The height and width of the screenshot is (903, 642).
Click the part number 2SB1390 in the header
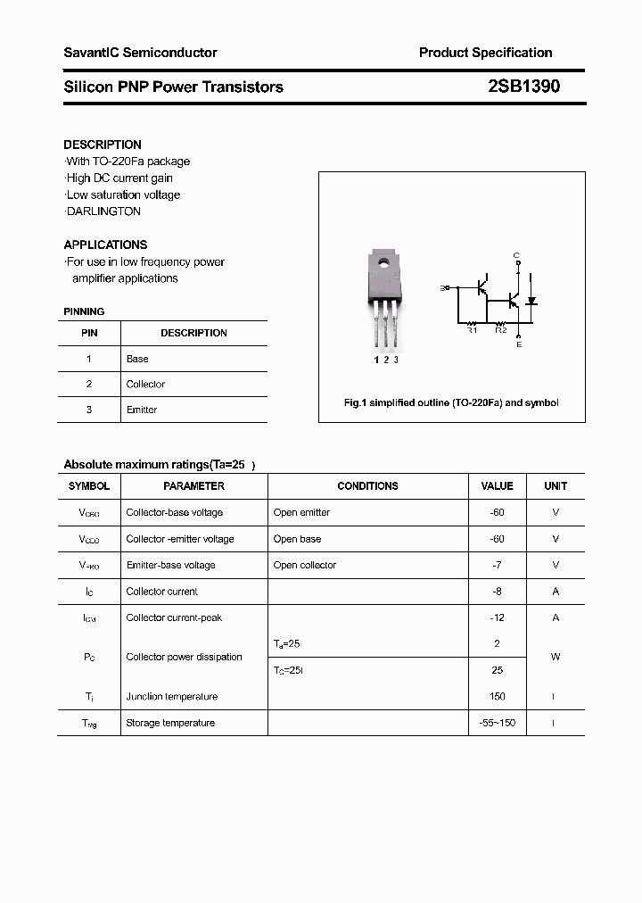coord(524,87)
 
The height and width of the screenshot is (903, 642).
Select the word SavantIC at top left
coord(91,53)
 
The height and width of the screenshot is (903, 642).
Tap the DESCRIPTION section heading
coord(103,145)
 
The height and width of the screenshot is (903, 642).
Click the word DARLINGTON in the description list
coord(103,211)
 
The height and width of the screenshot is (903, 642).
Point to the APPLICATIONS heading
coord(105,244)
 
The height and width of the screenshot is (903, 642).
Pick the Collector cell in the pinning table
coord(145,385)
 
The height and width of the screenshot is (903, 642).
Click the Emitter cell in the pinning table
coord(142,410)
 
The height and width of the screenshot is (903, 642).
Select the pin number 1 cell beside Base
coord(89,359)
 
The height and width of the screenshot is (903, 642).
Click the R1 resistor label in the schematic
coord(473,330)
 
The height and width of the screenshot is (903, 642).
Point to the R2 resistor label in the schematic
coord(500,330)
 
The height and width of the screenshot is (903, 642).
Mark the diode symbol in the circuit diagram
coord(531,302)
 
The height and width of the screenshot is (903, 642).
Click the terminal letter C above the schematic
coord(516,256)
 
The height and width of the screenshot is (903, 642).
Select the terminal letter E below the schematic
coord(519,344)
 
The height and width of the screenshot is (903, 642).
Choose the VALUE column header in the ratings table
coord(497,486)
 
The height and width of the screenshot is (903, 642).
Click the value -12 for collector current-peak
coord(497,617)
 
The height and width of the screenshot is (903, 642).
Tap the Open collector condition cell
coord(305,565)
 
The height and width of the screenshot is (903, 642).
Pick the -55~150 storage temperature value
coord(497,723)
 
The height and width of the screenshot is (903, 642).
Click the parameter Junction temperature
coord(171,697)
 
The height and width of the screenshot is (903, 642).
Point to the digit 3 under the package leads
coord(396,360)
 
